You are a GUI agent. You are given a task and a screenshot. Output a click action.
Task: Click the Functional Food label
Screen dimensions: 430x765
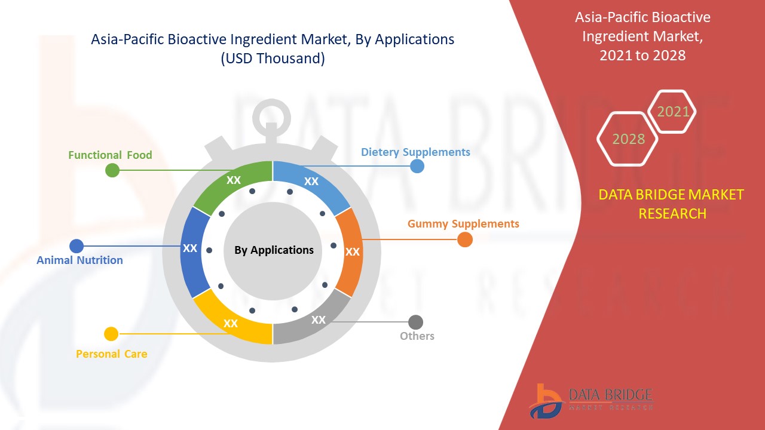click(x=110, y=155)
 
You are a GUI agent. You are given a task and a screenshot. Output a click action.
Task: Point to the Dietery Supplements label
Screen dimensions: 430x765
click(x=415, y=152)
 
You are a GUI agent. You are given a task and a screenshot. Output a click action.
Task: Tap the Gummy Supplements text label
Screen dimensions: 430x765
click(x=463, y=224)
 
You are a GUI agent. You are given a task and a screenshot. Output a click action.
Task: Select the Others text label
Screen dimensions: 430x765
click(x=417, y=336)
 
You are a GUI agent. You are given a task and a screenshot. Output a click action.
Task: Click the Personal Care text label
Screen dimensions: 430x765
click(x=111, y=354)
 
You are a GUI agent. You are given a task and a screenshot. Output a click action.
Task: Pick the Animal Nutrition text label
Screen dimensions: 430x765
click(x=79, y=260)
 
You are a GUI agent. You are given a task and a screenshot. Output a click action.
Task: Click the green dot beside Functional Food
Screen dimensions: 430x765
click(x=112, y=170)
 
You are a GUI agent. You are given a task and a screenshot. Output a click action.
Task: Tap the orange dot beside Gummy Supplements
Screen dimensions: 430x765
click(x=464, y=239)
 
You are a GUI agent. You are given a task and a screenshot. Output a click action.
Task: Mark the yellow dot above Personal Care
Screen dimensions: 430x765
click(x=111, y=334)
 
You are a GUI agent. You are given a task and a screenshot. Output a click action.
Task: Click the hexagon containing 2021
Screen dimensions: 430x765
click(x=672, y=112)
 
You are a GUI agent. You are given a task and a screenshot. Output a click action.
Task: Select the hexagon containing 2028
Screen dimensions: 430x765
click(x=628, y=139)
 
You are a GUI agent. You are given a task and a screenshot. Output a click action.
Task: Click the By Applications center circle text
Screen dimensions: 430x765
click(x=274, y=250)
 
